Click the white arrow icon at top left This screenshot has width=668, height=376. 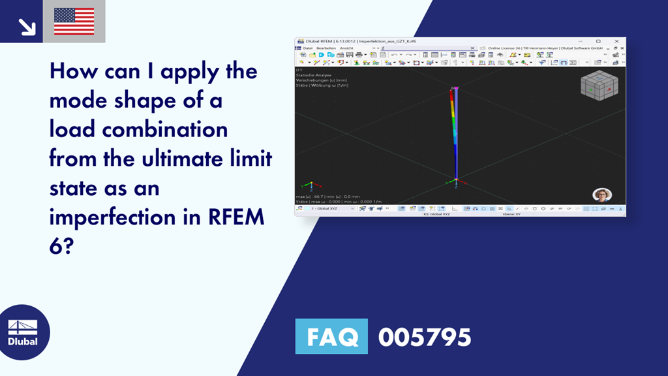click(x=27, y=26)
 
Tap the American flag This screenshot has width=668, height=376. click(x=74, y=22)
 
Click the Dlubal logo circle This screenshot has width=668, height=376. click(x=23, y=332)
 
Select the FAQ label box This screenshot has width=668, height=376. click(x=331, y=337)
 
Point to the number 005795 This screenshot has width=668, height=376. click(x=425, y=337)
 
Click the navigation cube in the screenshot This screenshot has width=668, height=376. click(x=599, y=87)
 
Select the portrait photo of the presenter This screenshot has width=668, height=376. click(x=601, y=195)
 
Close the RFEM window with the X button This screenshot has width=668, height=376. click(x=616, y=41)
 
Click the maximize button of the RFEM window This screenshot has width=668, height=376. click(x=598, y=41)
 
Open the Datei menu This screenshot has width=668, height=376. click(x=307, y=48)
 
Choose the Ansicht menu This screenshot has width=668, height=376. click(x=346, y=48)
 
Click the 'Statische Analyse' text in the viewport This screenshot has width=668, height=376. click(x=309, y=75)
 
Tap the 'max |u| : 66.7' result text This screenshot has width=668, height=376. click(x=311, y=196)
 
